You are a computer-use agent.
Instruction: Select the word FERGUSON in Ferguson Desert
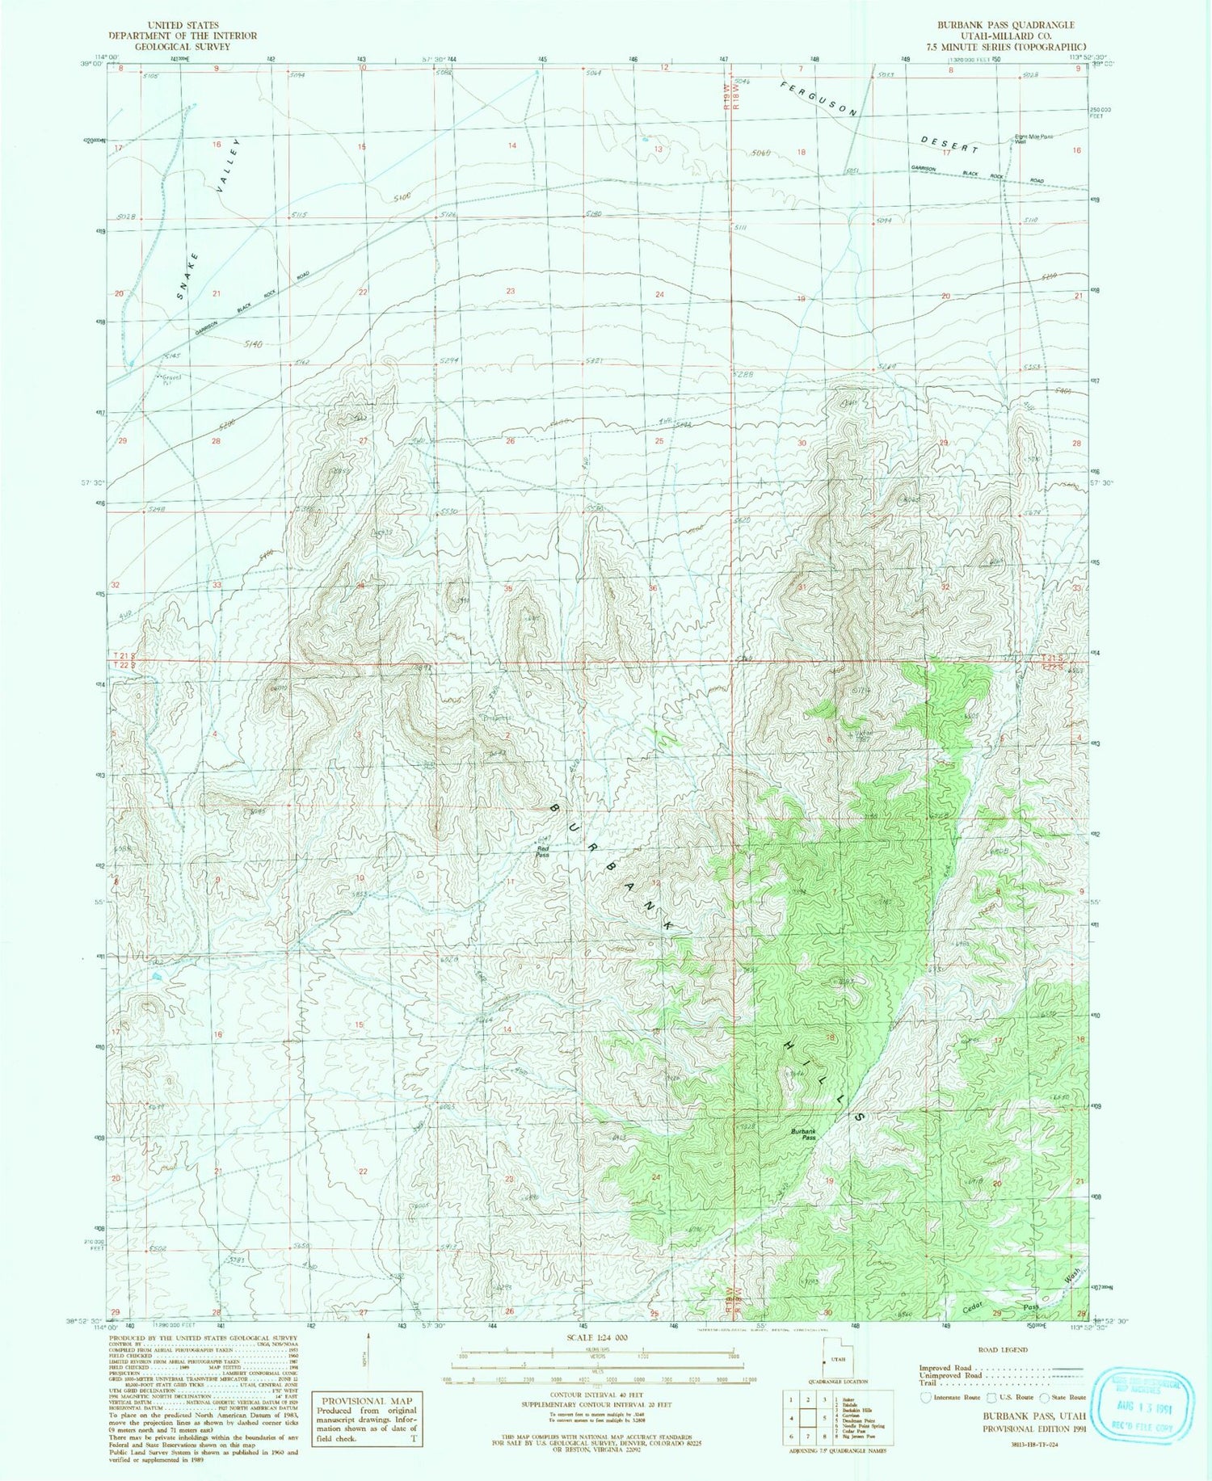[819, 99]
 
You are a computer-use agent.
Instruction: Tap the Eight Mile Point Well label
[1034, 139]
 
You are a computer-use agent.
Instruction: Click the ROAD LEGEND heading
[1003, 1350]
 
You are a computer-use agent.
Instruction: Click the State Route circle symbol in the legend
[1045, 1396]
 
